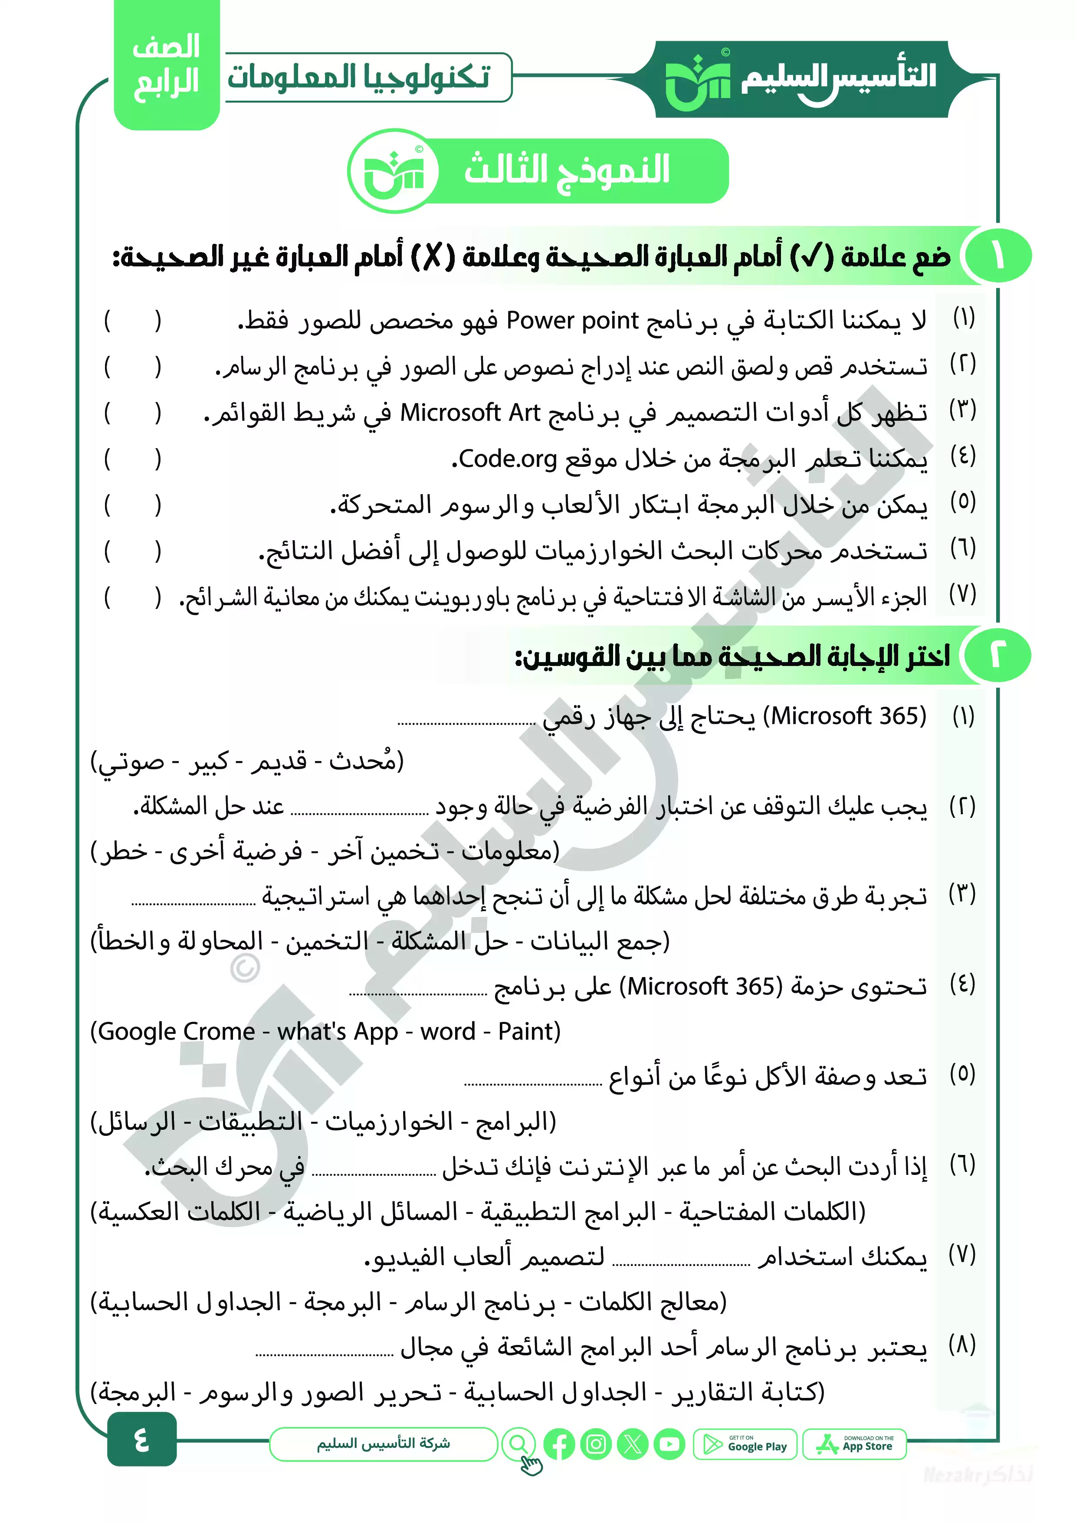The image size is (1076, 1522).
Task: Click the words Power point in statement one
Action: click(571, 321)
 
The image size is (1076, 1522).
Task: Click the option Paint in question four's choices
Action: click(529, 1031)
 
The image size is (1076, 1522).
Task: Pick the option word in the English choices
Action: click(447, 1031)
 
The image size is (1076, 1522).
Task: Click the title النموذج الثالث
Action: click(567, 170)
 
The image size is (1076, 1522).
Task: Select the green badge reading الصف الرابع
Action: click(167, 66)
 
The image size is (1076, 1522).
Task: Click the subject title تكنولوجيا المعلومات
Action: click(359, 78)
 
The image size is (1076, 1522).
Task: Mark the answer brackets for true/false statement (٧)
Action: click(133, 597)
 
